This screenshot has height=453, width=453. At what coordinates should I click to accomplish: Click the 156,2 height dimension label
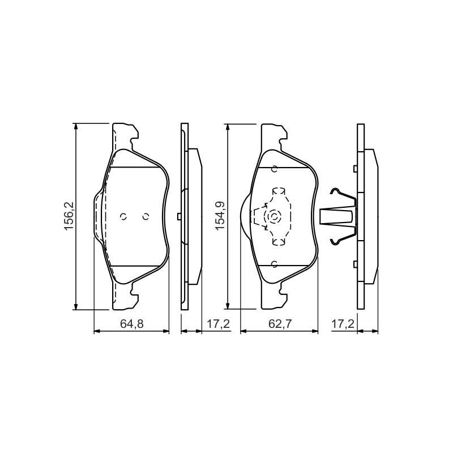tap(70, 216)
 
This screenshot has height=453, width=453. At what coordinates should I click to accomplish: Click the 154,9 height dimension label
tap(221, 216)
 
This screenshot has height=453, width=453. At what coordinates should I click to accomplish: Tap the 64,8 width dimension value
tap(132, 324)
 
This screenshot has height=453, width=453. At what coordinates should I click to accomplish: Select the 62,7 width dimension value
tap(280, 324)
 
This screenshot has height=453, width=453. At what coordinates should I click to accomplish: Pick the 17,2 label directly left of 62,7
tap(218, 324)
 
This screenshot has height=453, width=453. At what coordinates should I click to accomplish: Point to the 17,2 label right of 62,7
tap(343, 324)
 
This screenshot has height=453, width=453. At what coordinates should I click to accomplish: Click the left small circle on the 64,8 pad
tap(123, 216)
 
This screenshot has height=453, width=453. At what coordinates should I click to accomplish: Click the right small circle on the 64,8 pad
tap(146, 216)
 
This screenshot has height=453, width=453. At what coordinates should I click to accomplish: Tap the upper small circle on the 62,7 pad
tap(275, 169)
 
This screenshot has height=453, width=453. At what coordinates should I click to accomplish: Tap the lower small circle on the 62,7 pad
tap(275, 263)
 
